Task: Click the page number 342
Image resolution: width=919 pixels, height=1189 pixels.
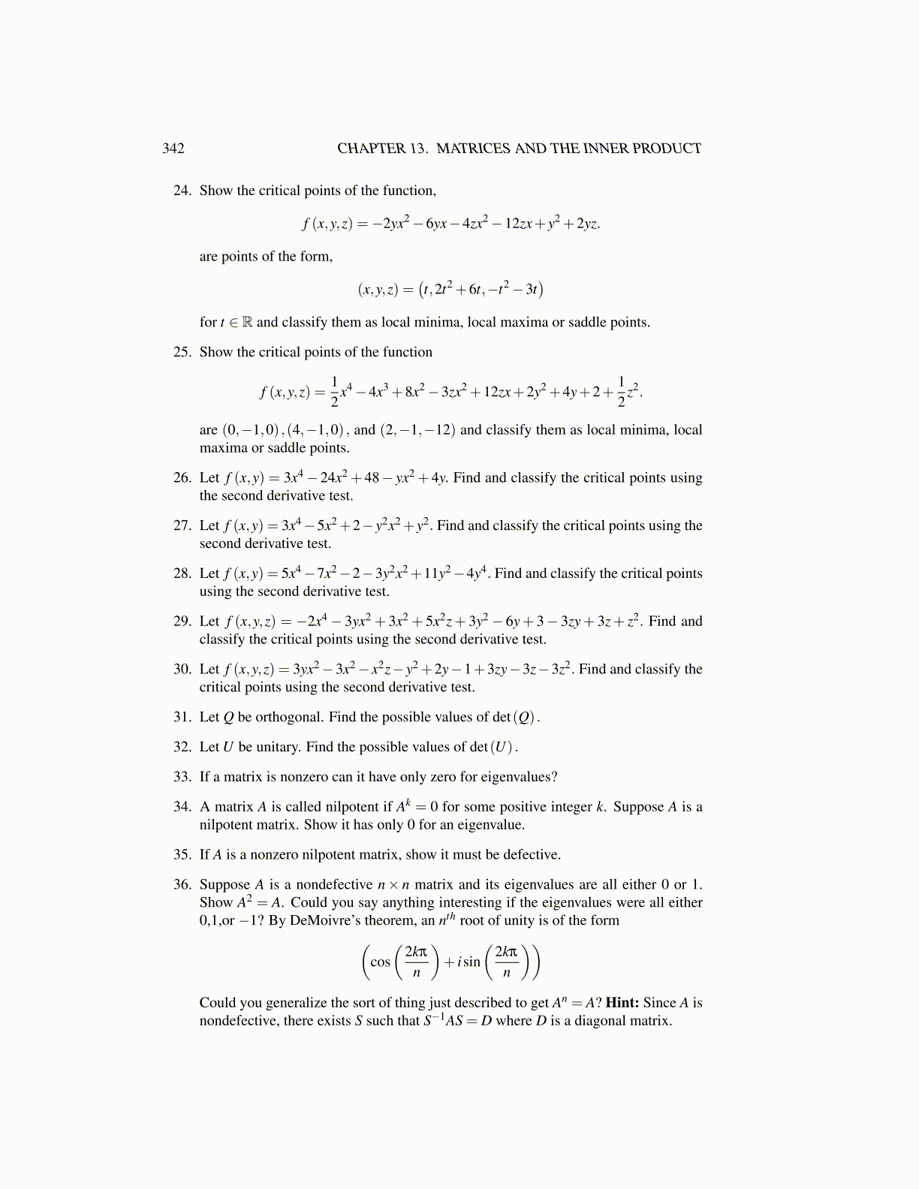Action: point(173,149)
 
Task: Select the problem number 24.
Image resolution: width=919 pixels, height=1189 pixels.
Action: point(182,191)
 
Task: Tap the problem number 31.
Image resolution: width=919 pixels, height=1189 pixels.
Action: point(182,717)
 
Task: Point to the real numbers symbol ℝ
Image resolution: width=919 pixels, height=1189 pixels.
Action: point(246,323)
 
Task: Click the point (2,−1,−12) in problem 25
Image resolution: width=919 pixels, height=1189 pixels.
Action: point(417,430)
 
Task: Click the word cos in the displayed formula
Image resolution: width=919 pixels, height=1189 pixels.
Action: point(381,962)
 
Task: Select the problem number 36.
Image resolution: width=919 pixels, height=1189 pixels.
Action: point(182,885)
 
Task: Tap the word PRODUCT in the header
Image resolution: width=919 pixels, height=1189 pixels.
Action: point(667,149)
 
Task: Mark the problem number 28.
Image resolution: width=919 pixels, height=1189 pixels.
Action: point(182,573)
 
